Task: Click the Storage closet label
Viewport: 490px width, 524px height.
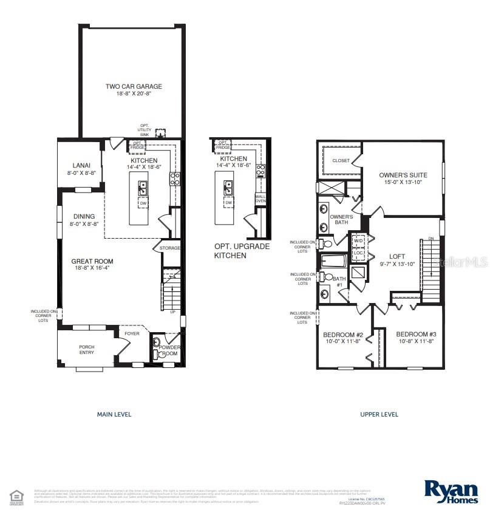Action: point(170,248)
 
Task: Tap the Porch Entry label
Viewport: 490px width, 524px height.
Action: point(87,350)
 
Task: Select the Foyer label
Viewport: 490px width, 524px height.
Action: point(132,333)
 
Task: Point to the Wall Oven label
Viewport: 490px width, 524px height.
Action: point(260,199)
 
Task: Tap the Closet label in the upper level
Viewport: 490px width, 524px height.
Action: point(340,161)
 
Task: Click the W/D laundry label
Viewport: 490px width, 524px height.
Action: point(358,241)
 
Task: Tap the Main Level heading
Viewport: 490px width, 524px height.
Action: point(114,415)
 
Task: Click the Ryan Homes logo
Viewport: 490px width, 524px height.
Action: point(451,491)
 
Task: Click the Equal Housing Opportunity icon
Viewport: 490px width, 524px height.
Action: point(16,496)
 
